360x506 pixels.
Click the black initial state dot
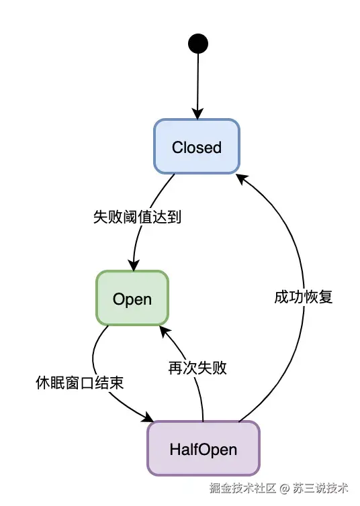(197, 44)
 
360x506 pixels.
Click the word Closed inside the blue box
(196, 147)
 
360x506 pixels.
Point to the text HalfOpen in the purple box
(203, 449)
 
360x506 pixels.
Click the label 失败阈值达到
(137, 217)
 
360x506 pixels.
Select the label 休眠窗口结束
(79, 383)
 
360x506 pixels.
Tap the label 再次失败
(197, 368)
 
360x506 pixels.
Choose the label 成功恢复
(304, 297)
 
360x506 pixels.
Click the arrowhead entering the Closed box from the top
(197, 114)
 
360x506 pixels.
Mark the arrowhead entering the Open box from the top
(134, 265)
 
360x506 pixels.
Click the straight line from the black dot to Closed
(197, 81)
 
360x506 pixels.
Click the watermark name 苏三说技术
(320, 488)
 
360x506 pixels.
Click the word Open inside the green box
(132, 299)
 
